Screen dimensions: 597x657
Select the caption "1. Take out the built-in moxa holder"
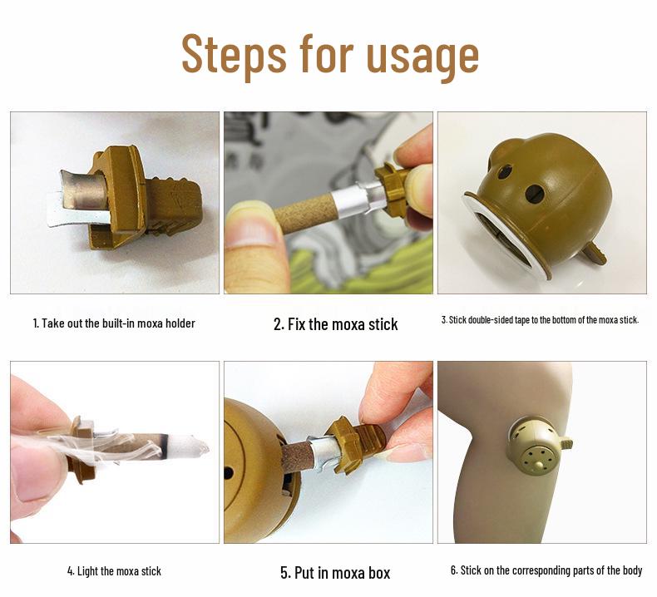pos(114,323)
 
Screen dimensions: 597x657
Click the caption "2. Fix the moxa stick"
pos(335,324)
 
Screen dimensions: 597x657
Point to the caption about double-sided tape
pos(540,320)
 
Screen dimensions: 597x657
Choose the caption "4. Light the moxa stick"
pos(114,571)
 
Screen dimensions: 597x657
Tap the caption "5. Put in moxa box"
pos(334,572)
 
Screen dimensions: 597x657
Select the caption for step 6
pos(546,570)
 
